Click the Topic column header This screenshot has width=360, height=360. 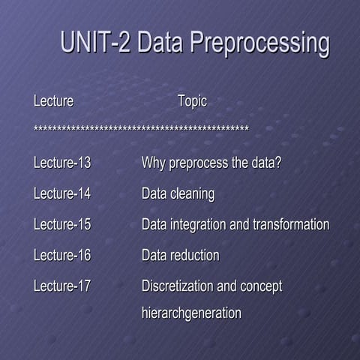192,100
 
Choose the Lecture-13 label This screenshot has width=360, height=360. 62,162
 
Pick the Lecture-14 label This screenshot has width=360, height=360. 62,193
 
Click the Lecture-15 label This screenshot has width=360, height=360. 62,224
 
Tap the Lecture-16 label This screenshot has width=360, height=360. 62,255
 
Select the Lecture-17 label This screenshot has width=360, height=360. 62,286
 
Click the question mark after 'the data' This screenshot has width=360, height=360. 278,162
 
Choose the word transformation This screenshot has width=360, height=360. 291,224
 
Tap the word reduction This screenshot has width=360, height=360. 195,255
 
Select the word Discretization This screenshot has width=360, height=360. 177,286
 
